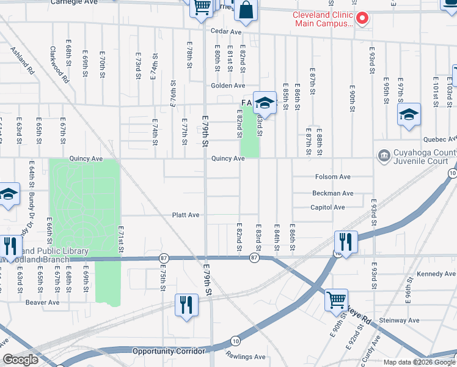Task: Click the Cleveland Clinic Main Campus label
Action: coord(323,19)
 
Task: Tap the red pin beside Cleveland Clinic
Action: coord(362,18)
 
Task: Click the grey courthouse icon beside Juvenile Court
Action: coord(384,155)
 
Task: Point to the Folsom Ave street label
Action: coord(332,177)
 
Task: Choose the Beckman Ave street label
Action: coord(332,193)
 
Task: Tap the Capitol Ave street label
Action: coord(327,207)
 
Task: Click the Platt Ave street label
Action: coord(186,215)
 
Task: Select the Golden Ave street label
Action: coord(228,86)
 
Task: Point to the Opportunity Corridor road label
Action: coord(169,351)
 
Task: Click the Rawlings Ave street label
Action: coord(247,357)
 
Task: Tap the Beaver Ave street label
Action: coord(42,302)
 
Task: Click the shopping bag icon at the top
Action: coord(246,10)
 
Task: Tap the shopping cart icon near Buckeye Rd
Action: coord(336,300)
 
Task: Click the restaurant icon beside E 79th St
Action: coord(186,305)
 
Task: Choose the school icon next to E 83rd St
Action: coord(265,102)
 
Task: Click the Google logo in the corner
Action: coord(20,360)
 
